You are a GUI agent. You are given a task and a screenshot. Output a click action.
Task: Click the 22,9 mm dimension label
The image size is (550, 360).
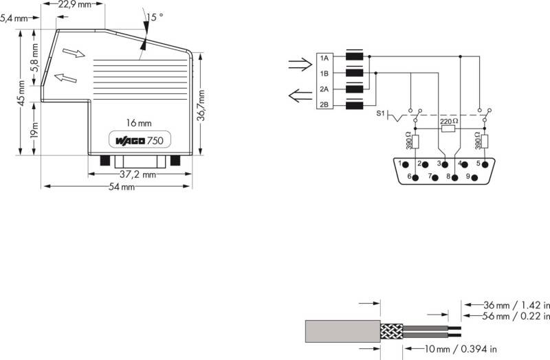74,5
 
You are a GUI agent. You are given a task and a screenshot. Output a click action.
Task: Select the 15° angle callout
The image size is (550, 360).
155,16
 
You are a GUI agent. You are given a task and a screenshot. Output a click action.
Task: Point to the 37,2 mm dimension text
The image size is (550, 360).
137,175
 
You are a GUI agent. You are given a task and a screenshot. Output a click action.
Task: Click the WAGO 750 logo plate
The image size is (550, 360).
140,140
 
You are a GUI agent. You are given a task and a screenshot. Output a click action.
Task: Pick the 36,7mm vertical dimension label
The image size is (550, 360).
201,105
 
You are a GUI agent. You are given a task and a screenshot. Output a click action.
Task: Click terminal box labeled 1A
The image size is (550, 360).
324,58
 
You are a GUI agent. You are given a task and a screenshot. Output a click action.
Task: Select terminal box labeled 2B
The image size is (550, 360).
324,104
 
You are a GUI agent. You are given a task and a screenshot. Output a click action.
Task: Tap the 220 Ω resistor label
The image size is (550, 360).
449,122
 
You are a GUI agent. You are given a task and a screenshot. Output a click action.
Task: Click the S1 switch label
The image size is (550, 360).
381,113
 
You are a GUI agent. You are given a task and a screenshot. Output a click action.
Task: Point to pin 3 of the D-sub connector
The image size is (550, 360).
445,164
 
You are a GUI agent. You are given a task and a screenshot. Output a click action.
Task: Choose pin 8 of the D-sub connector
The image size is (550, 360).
455,177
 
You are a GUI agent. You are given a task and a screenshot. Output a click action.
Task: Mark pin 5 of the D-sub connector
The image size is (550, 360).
485,164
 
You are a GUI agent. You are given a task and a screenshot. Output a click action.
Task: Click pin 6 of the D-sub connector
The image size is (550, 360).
416,177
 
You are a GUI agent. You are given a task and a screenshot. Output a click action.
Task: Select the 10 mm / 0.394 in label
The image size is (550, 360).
461,349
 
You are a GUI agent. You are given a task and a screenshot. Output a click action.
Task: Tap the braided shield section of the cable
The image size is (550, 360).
392,331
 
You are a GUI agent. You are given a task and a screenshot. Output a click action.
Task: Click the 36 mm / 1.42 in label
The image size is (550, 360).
517,305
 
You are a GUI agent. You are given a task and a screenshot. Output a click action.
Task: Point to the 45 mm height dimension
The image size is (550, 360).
21,93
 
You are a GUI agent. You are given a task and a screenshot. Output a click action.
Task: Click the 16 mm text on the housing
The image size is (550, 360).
139,123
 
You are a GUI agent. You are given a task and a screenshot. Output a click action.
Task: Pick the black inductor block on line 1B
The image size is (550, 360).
354,73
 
